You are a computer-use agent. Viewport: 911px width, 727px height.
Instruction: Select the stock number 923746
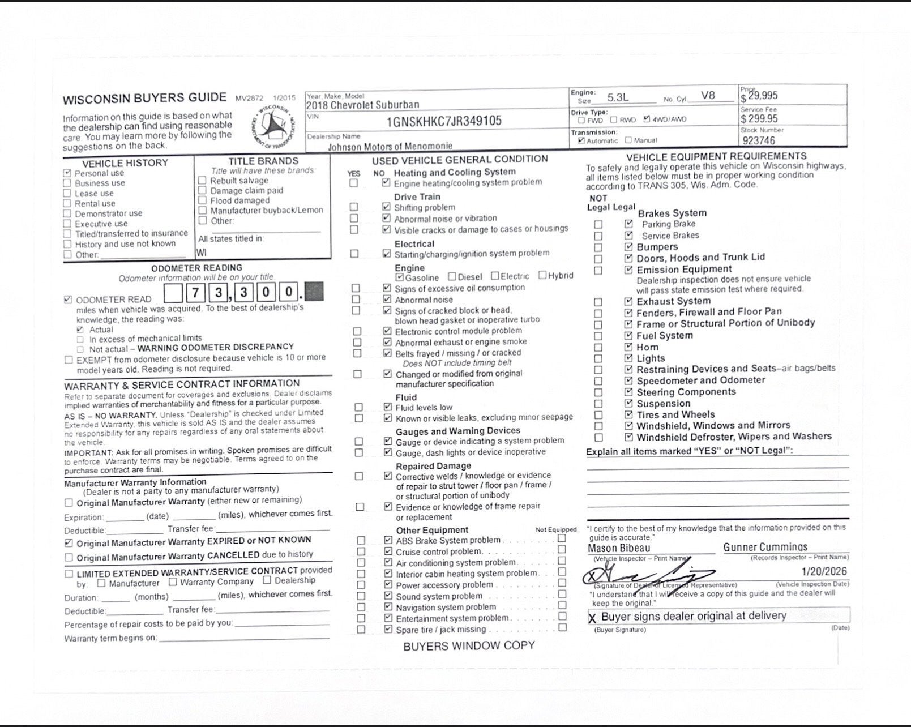pyautogui.click(x=759, y=140)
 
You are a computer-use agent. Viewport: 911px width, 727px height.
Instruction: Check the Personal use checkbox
pyautogui.click(x=67, y=173)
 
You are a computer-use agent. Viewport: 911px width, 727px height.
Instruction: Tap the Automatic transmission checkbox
pyautogui.click(x=581, y=140)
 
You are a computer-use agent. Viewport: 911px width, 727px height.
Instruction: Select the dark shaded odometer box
pyautogui.click(x=314, y=292)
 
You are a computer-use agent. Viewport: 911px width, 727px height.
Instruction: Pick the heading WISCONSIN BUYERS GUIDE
pyautogui.click(x=144, y=99)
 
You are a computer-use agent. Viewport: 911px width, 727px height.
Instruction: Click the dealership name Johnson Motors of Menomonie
pyautogui.click(x=390, y=147)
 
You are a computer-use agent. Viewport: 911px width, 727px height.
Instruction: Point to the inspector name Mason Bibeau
pyautogui.click(x=619, y=548)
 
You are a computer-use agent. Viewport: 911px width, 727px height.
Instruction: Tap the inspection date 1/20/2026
pyautogui.click(x=824, y=571)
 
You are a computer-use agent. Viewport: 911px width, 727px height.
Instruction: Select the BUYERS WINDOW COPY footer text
pyautogui.click(x=469, y=646)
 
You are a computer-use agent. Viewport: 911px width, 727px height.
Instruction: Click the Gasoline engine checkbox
pyautogui.click(x=400, y=277)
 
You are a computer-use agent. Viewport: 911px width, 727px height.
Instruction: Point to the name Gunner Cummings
pyautogui.click(x=765, y=547)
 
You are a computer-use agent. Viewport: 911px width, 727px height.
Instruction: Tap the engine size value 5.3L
pyautogui.click(x=618, y=97)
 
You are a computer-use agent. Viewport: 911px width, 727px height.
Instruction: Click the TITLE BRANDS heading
pyautogui.click(x=263, y=161)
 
